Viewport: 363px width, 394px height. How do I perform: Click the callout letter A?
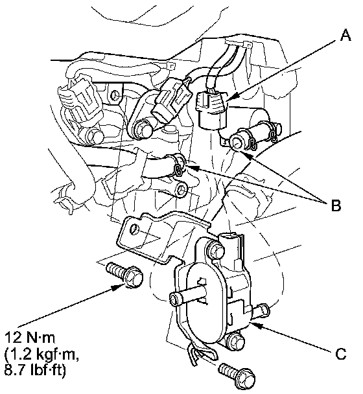[x=345, y=35]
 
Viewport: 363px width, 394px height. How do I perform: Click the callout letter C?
[x=340, y=354]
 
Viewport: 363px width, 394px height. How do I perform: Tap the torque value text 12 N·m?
[x=29, y=338]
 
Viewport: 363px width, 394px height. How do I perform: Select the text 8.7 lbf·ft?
[x=35, y=371]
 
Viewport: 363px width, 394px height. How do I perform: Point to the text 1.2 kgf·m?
[x=41, y=354]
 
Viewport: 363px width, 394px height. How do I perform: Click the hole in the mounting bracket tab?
[x=134, y=229]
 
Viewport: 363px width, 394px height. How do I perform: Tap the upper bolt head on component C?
[x=216, y=251]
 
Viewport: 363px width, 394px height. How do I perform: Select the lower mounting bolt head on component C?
[x=235, y=341]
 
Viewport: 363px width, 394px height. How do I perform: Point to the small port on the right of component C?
[x=261, y=311]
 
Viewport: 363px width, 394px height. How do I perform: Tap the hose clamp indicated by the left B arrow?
[x=180, y=167]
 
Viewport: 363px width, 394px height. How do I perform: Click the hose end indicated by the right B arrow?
[x=237, y=142]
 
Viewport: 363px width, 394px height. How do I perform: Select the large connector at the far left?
[x=80, y=106]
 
